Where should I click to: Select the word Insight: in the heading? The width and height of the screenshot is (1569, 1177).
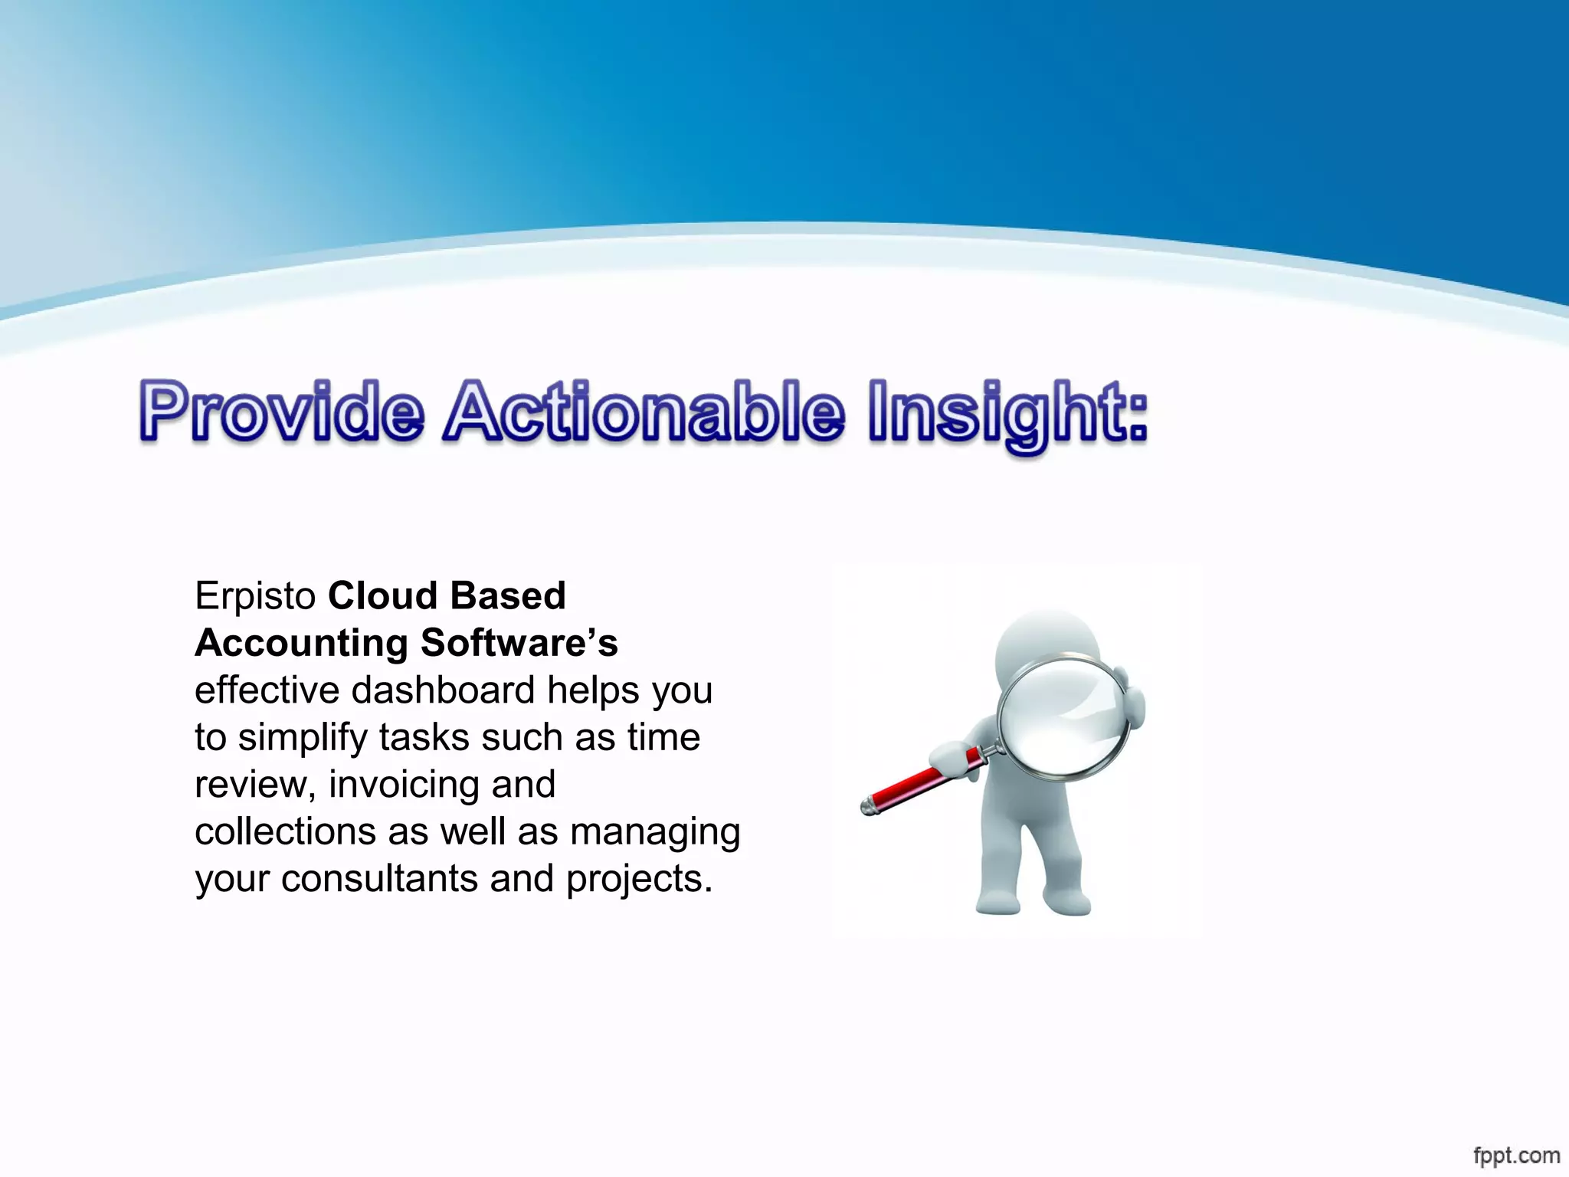point(1008,414)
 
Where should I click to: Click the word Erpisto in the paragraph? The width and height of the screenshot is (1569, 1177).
point(255,596)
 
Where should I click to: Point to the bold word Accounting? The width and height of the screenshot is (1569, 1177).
point(301,643)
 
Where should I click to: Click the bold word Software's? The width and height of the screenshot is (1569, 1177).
point(519,643)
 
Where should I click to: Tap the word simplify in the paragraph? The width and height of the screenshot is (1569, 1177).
point(302,738)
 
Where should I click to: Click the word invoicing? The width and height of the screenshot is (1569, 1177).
point(404,785)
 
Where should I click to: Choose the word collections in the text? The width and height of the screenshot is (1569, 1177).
point(284,831)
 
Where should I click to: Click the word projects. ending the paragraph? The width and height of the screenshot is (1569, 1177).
point(639,880)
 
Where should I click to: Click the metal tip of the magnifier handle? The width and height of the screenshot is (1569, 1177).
point(868,807)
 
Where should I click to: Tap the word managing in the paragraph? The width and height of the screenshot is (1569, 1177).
point(655,832)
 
